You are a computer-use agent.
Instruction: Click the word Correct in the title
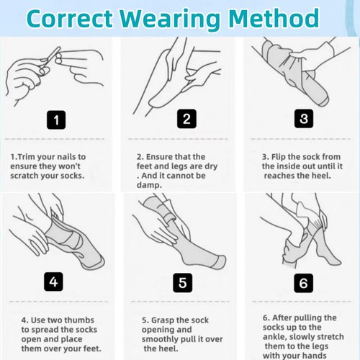[70, 19]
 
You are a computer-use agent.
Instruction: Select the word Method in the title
[274, 18]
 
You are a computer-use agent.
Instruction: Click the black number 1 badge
[56, 120]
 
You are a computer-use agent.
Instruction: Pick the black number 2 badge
[186, 119]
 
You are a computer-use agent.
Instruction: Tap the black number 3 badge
[304, 119]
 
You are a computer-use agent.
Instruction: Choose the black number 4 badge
[53, 282]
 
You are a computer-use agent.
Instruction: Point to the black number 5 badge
[183, 283]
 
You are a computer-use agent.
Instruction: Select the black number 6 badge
[304, 283]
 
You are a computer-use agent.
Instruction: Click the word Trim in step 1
[27, 157]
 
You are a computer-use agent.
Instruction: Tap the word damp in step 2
[149, 185]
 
